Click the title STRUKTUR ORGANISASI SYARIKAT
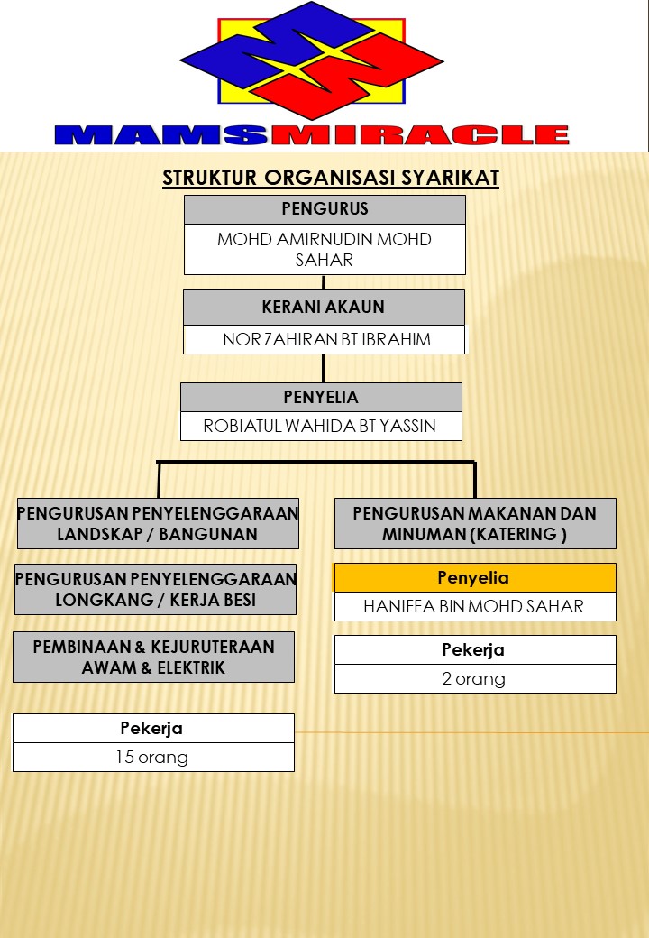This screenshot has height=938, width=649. tap(330, 178)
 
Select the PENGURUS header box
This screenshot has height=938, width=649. tap(324, 209)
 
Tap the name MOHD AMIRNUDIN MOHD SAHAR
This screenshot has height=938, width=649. tap(324, 249)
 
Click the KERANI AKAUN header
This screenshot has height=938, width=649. tap(324, 307)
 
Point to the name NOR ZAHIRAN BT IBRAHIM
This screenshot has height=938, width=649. tap(326, 339)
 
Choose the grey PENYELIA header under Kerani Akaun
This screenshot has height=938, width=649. tap(321, 397)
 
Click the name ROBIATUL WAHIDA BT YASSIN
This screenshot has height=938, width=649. tap(320, 426)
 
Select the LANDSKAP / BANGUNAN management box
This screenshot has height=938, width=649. tap(158, 523)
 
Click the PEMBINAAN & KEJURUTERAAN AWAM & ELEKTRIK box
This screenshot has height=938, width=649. tap(153, 657)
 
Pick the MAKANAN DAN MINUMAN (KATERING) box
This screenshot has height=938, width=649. tap(475, 523)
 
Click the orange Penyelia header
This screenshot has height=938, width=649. tap(474, 577)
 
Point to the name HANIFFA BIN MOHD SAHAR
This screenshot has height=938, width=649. tap(474, 606)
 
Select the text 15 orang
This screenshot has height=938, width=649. tap(152, 757)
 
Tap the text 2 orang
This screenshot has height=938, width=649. tap(474, 678)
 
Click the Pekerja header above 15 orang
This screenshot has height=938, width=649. tap(152, 728)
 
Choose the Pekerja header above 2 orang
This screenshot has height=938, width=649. tap(474, 649)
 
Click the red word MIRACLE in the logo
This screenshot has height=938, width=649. tap(420, 135)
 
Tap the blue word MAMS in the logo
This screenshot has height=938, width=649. tap(162, 135)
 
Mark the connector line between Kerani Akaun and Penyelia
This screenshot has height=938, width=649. tap(324, 368)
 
